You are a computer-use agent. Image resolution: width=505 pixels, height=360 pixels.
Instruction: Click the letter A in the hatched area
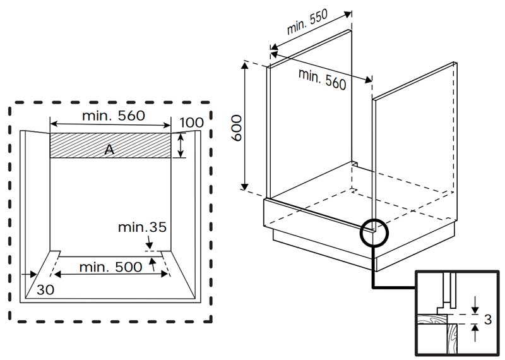pos(109,150)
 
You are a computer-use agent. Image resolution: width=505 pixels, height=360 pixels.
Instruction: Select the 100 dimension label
pos(191,123)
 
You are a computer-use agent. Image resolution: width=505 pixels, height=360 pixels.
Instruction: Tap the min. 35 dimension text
pos(142,227)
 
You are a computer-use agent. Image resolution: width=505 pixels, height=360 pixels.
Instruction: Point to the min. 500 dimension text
pos(110,267)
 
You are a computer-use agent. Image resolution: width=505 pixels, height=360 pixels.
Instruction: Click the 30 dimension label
pos(45,290)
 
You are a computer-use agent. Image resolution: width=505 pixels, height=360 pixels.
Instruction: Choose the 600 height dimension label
pos(237,128)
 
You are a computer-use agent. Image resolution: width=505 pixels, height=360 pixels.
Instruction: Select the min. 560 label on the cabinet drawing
pos(322,79)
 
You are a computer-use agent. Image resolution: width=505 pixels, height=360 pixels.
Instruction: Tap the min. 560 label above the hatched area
pos(114,116)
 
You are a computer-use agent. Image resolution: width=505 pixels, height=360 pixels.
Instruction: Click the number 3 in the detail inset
pos(488,320)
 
